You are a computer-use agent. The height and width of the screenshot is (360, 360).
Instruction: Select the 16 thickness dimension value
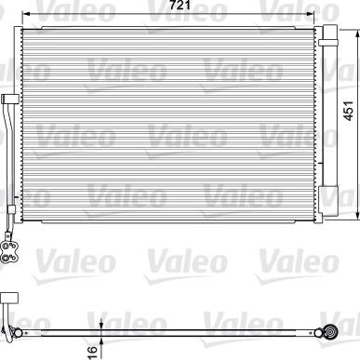[89, 349]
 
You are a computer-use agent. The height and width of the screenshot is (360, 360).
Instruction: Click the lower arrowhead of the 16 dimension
[100, 336]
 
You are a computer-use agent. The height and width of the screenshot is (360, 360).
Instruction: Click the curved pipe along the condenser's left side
[9, 158]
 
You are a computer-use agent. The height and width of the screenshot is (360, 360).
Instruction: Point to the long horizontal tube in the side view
[167, 329]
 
